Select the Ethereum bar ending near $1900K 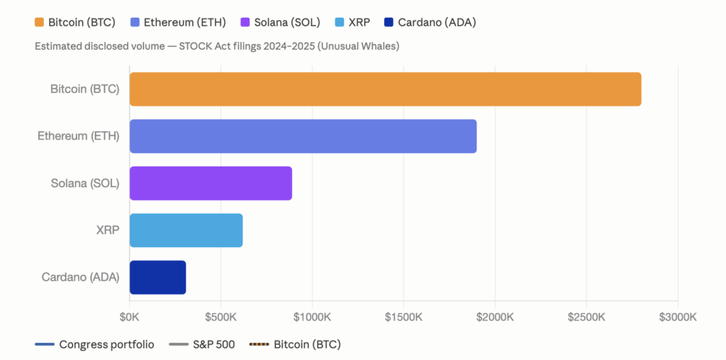tap(303, 136)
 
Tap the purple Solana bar tap(211, 184)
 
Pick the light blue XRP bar tap(186, 230)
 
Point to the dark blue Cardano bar tap(157, 277)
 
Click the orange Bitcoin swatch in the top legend tap(40, 22)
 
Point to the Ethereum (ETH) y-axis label tap(78, 136)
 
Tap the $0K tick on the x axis tap(130, 315)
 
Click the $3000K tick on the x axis tap(678, 315)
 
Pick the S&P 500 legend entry tap(213, 345)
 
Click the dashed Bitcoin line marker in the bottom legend tap(258, 345)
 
